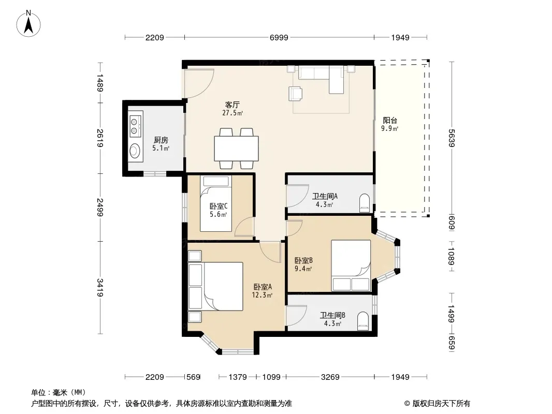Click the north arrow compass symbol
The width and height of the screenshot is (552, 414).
pos(28,24)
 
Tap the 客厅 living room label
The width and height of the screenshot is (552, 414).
pos(233,105)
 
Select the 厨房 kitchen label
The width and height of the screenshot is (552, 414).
pos(161,140)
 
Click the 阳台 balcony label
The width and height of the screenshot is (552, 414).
pos(390,120)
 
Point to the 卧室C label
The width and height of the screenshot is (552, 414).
pos(219,206)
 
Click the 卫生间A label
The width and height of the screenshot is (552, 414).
pos(325,196)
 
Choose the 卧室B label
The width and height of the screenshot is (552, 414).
pos(303,261)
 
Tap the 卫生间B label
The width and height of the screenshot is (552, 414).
pos(332,316)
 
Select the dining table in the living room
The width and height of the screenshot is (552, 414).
pos(236,149)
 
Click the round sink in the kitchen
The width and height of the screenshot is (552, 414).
pos(135,151)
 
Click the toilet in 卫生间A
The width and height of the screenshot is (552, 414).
pos(365,203)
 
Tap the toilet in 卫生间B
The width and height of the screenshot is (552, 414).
pos(363,321)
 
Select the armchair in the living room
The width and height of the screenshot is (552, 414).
pos(295,94)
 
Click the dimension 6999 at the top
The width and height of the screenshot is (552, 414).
pos(279,37)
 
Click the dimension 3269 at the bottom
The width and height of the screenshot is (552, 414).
pos(330,377)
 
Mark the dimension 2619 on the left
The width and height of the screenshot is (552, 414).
pos(100,138)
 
